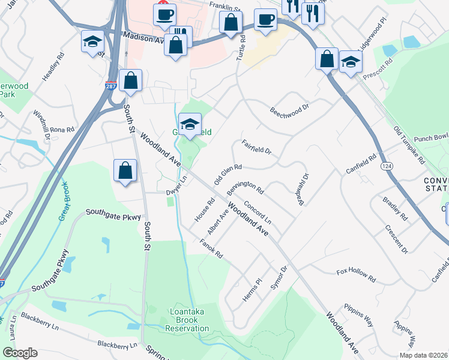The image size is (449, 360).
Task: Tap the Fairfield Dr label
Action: (x=257, y=147)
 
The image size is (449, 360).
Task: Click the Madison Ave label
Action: (x=143, y=37)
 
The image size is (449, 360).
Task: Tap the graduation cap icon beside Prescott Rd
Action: (x=351, y=61)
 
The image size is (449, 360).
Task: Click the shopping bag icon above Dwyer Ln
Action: (x=124, y=170)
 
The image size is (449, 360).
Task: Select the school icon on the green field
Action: (x=190, y=124)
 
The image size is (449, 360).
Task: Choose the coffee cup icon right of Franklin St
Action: (x=265, y=20)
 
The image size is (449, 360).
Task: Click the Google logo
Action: (x=20, y=353)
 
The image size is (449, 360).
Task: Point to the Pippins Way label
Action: (x=358, y=316)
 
